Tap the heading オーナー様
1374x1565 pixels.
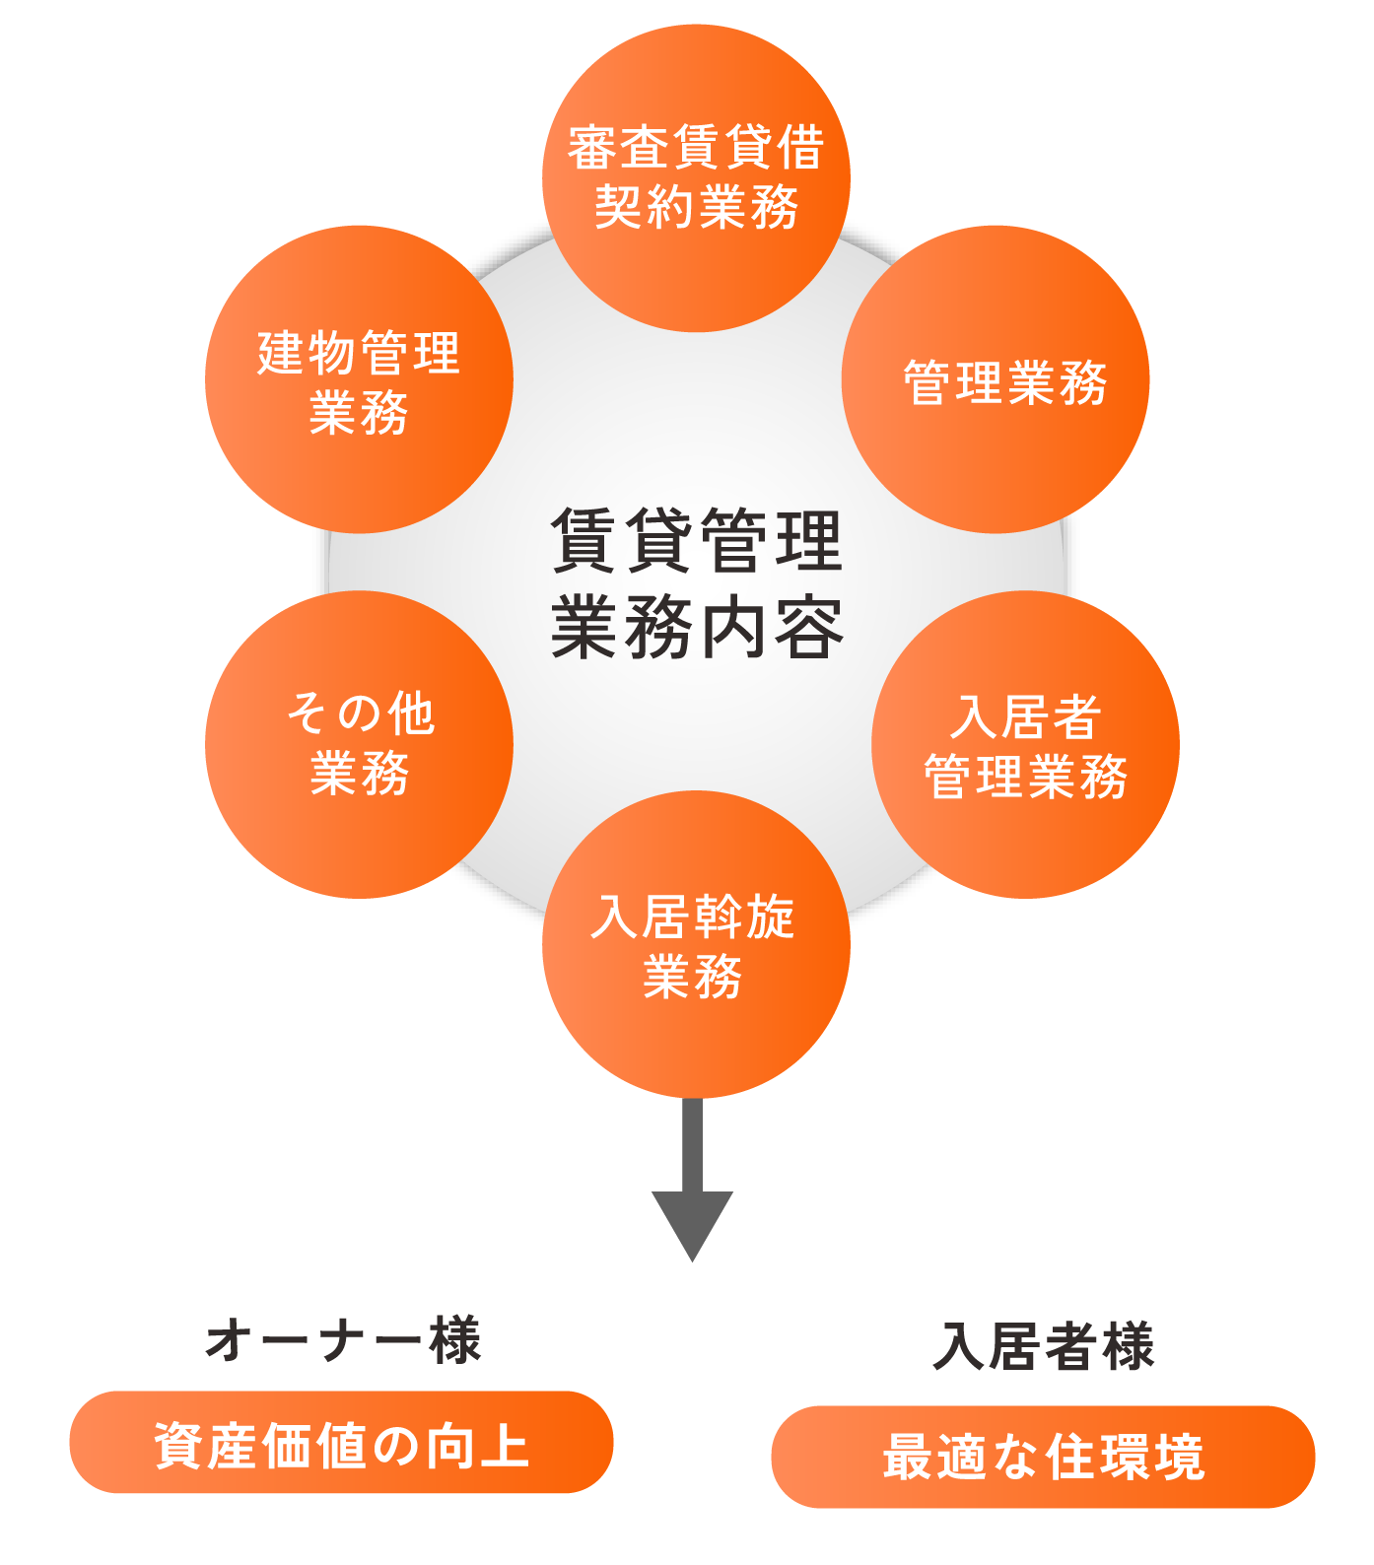coord(342,1340)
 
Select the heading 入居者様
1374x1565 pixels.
coord(1043,1346)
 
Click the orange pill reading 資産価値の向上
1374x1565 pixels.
coord(341,1443)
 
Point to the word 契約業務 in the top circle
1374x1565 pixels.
coord(696,207)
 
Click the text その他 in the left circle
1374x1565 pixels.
coord(360,713)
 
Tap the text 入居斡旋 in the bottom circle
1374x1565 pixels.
coord(693,917)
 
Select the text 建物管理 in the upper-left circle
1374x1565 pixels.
coord(359,353)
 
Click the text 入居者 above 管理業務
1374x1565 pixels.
coord(1025,716)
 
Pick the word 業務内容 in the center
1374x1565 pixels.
coord(696,627)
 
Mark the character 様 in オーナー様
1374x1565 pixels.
coord(455,1340)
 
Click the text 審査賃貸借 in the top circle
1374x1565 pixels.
coord(696,148)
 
